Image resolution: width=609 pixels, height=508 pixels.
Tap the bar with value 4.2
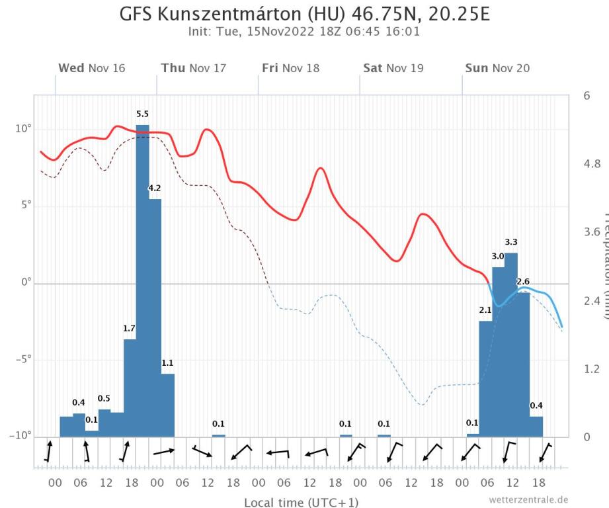tap(155, 317)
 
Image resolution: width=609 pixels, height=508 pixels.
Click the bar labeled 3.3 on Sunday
tap(510, 344)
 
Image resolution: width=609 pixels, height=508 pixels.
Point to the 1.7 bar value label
tap(130, 329)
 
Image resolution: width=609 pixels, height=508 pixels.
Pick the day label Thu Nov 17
tap(193, 68)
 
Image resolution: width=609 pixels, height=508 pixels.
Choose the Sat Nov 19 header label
tap(393, 68)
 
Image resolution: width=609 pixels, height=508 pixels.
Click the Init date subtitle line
tap(304, 31)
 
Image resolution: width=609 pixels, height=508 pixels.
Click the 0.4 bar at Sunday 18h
tap(536, 427)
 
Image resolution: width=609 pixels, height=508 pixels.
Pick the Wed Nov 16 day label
tap(91, 68)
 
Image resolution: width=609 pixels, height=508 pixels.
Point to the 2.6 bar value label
tap(523, 282)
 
